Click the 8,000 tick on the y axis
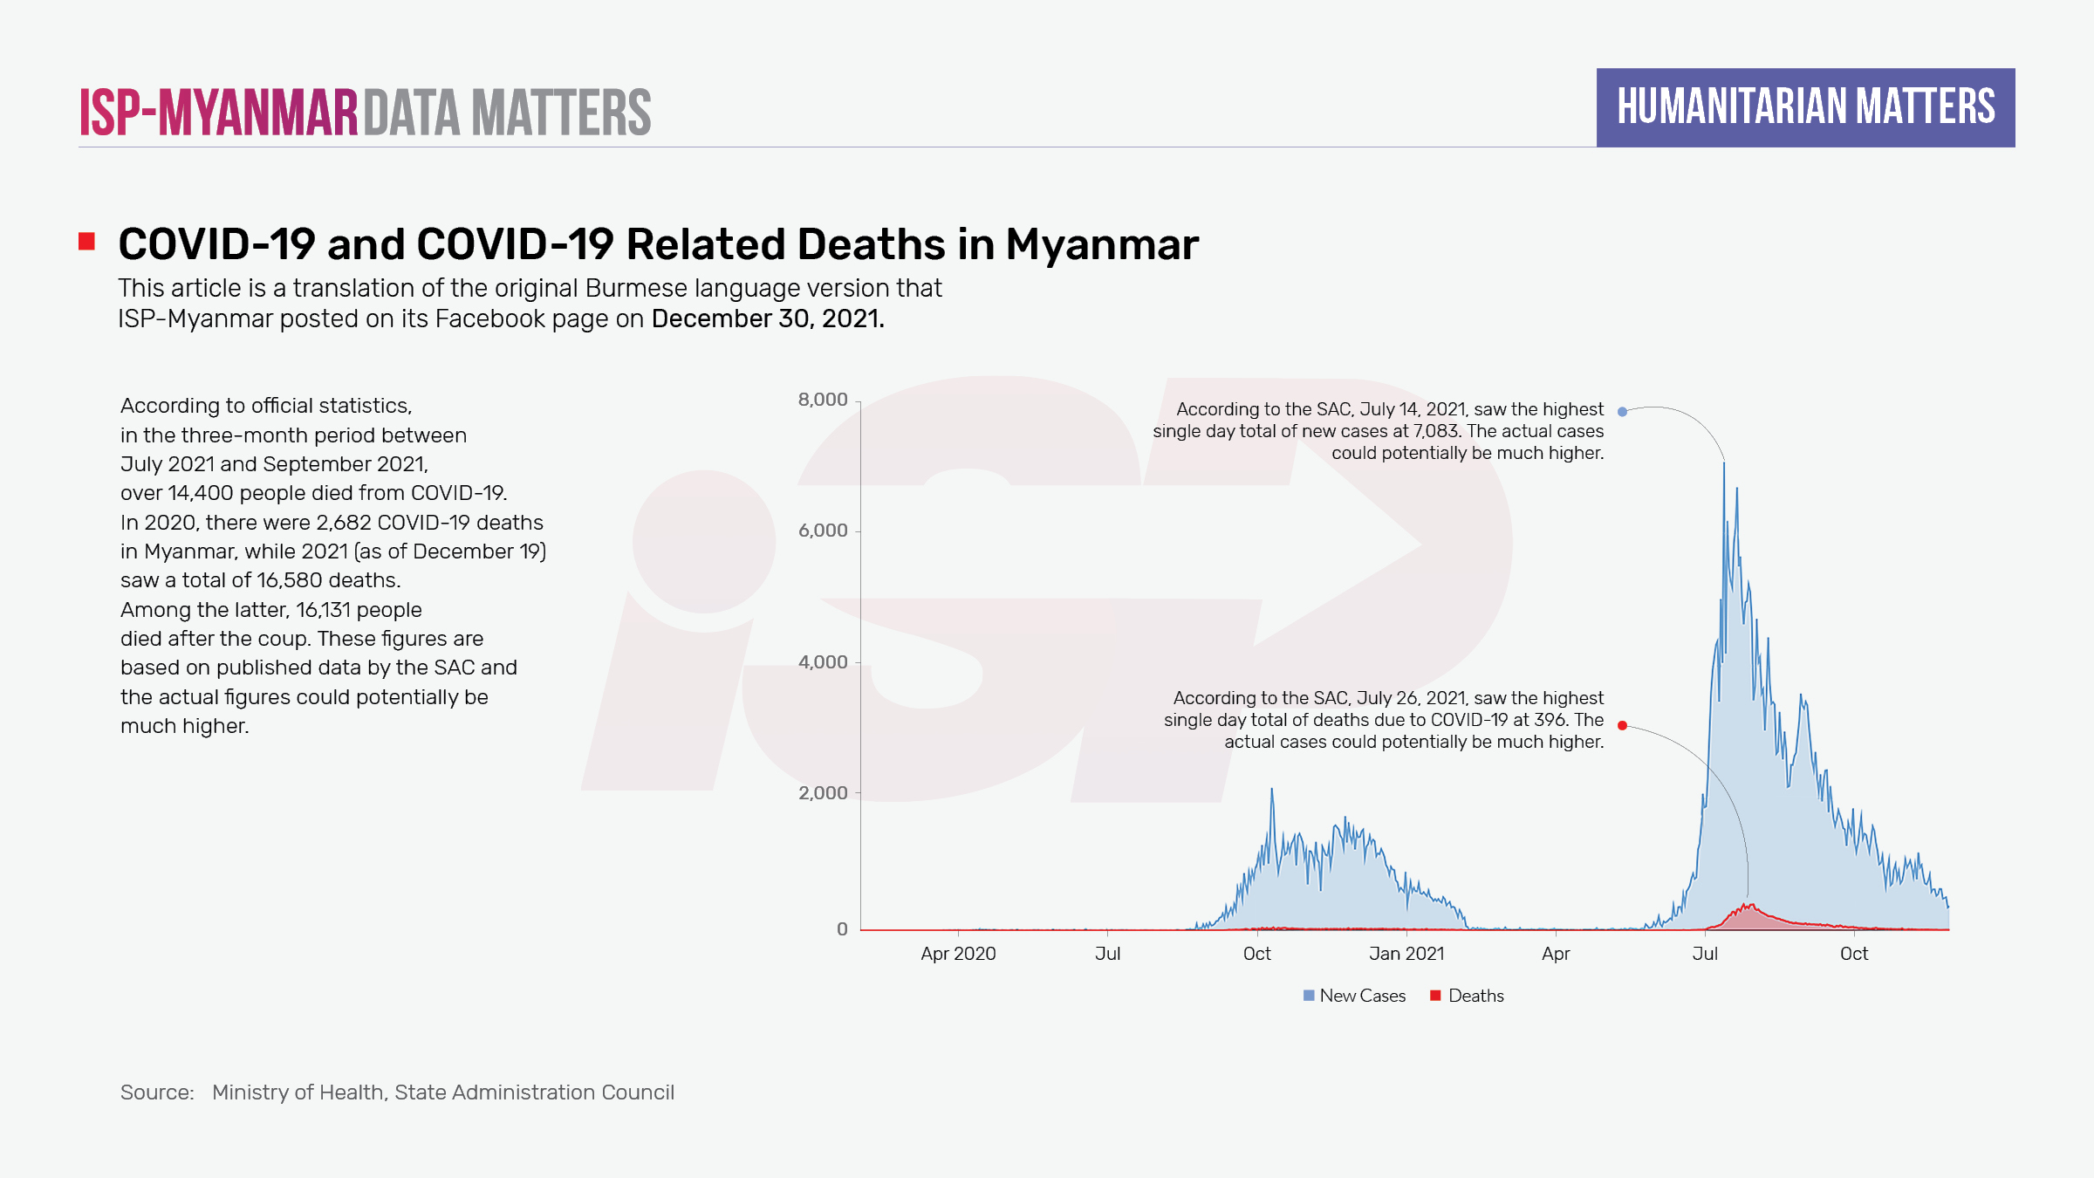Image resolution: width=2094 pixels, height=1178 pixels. (823, 400)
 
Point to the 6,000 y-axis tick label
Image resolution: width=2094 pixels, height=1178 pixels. (823, 531)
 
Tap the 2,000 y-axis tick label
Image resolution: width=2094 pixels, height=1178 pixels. (823, 793)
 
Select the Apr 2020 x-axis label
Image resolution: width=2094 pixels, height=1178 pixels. (958, 954)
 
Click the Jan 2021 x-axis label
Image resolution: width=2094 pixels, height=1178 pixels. (1406, 954)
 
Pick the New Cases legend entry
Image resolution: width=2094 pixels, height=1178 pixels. (1354, 996)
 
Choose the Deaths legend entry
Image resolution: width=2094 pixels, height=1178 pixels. (1468, 996)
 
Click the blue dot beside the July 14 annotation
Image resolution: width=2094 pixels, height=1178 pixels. (1622, 412)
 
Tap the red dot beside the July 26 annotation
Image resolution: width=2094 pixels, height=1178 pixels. (1622, 725)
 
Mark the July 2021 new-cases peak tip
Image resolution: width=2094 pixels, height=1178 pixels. (1724, 462)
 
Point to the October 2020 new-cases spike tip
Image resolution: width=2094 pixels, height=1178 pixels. (1271, 789)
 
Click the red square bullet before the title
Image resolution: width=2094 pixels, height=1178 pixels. (86, 241)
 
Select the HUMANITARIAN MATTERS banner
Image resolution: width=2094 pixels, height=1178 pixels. (1805, 107)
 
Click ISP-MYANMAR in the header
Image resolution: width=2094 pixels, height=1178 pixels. (219, 113)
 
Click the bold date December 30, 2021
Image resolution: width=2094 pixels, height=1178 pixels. (768, 318)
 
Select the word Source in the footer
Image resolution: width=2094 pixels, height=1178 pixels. (157, 1092)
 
